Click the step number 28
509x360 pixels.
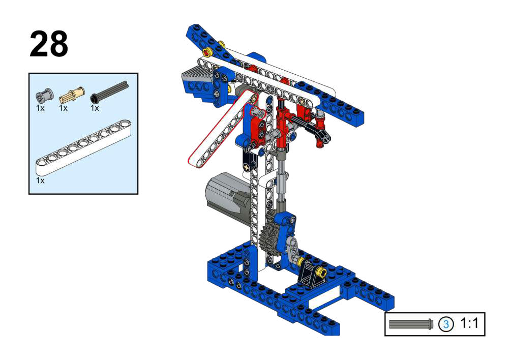(49, 44)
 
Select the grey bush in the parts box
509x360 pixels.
(44, 95)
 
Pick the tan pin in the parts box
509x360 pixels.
(72, 94)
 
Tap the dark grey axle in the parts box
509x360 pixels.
(109, 91)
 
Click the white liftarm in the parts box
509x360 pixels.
(83, 147)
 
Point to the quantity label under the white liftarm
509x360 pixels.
(40, 181)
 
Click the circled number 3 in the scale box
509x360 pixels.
(446, 324)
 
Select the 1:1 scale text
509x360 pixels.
(469, 323)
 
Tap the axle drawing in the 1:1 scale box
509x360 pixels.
(411, 324)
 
